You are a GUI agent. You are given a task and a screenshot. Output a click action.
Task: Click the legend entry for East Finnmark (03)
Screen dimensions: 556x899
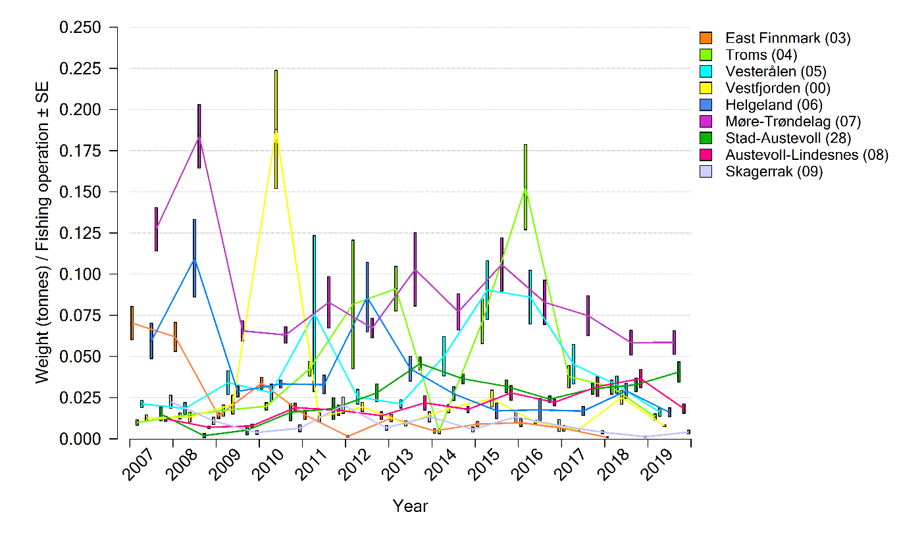point(787,38)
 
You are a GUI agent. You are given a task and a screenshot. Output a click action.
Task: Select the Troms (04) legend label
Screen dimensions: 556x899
point(761,55)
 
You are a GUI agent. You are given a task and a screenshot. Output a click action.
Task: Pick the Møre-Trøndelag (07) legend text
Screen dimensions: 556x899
point(792,121)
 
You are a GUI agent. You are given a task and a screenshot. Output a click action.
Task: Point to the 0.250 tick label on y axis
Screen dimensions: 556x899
point(80,28)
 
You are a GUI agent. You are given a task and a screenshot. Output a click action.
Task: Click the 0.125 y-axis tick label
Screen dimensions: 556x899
point(80,233)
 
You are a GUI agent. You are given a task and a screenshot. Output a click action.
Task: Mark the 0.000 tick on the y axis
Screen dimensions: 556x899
point(80,439)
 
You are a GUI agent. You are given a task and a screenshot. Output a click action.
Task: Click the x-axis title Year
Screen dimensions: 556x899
point(410,506)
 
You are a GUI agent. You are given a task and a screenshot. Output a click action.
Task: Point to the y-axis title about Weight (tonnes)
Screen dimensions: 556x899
point(43,234)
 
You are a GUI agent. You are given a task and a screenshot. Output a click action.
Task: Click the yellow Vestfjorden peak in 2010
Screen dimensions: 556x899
point(276,130)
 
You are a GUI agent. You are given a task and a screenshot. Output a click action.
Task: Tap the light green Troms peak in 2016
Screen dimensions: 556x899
point(525,188)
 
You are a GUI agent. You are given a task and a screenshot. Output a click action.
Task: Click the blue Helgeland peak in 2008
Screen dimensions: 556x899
point(194,259)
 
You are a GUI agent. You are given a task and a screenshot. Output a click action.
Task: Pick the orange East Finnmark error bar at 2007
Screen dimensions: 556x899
point(132,322)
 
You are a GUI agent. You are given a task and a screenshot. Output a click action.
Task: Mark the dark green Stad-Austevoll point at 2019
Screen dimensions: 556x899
point(679,372)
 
